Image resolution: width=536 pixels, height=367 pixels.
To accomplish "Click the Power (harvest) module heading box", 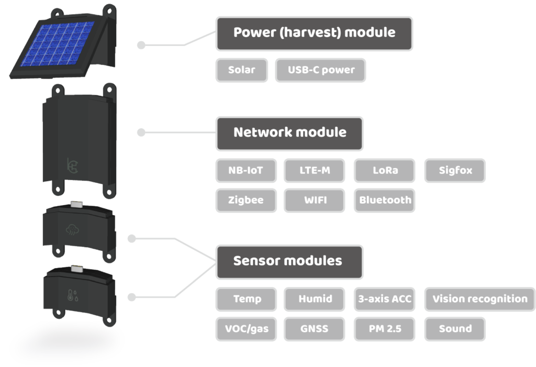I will (314, 32).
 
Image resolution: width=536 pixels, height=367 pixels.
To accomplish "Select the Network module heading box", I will (289, 132).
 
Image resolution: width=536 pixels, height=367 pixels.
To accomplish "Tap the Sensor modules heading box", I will (288, 261).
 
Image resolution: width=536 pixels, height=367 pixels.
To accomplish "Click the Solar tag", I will (241, 70).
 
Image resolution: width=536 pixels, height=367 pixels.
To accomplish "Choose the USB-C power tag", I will (320, 70).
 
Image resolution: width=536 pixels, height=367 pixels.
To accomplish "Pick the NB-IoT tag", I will (245, 170).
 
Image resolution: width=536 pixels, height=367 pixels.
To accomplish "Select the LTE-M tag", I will (314, 170).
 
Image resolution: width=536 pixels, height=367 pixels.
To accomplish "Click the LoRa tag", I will (385, 170).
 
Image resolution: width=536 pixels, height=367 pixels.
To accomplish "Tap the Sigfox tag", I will (455, 170).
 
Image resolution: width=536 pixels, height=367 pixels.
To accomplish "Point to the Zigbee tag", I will (245, 200).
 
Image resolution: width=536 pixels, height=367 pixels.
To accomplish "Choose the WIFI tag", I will (314, 200).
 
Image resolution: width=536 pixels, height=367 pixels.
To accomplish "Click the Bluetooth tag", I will (385, 200).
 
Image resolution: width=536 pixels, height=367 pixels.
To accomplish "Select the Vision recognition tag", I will (479, 299).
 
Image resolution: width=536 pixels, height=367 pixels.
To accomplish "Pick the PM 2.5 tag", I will (385, 329).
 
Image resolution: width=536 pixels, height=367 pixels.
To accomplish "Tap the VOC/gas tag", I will (245, 329).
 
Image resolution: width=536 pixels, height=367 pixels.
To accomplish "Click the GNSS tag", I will (314, 329).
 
